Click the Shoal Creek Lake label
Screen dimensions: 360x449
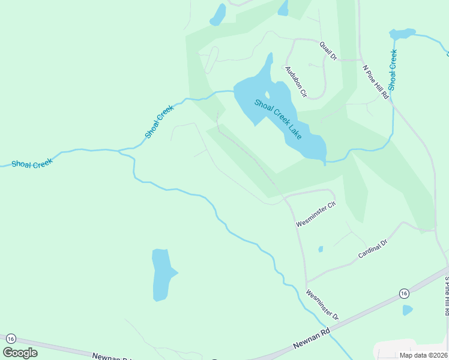click(278, 119)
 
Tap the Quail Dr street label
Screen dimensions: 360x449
click(328, 50)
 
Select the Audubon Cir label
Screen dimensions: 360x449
click(296, 82)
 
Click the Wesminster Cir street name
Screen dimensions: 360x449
click(316, 214)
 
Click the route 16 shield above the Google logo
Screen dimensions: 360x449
click(9, 339)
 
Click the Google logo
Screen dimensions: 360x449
click(20, 353)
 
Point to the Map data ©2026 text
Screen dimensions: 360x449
click(423, 355)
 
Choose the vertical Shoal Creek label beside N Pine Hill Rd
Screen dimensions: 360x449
click(393, 70)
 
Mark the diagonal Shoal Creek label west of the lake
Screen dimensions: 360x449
click(159, 122)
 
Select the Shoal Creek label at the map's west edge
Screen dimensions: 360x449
click(32, 163)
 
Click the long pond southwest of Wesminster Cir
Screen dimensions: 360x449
click(163, 274)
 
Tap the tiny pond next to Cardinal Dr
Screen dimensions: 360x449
click(321, 249)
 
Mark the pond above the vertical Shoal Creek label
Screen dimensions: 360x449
click(402, 34)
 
